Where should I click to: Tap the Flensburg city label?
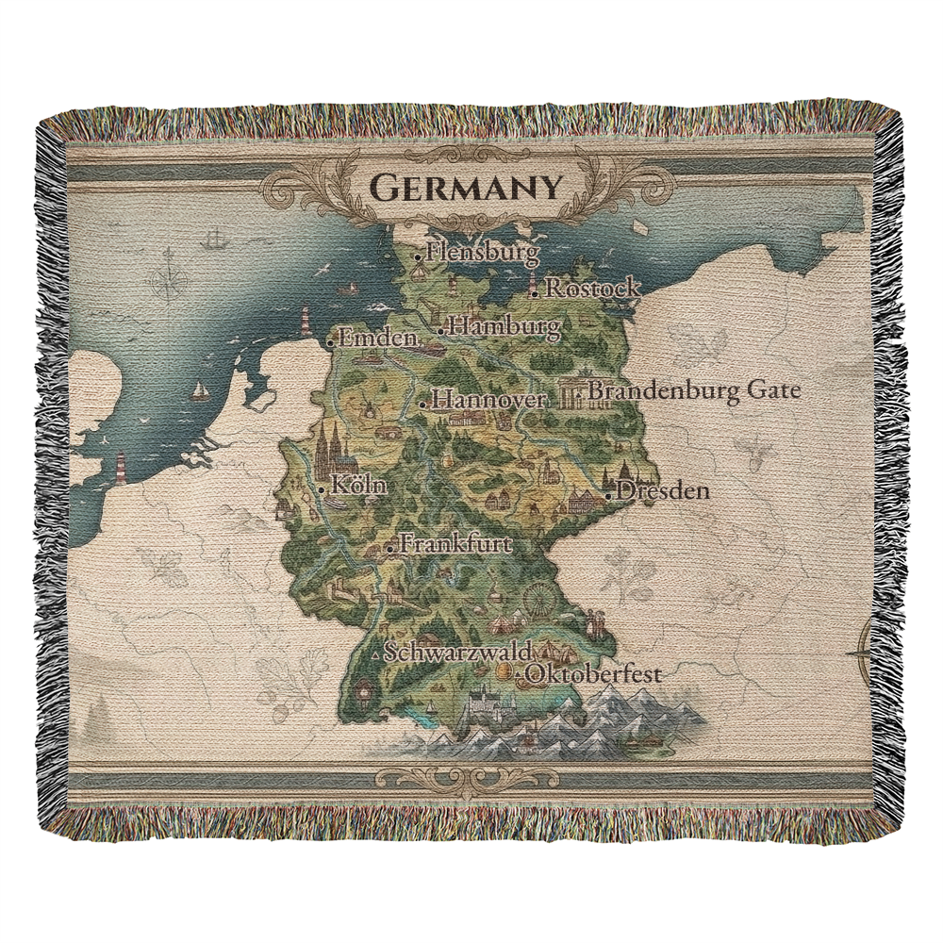point(482,253)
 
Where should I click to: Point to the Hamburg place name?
point(505,327)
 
